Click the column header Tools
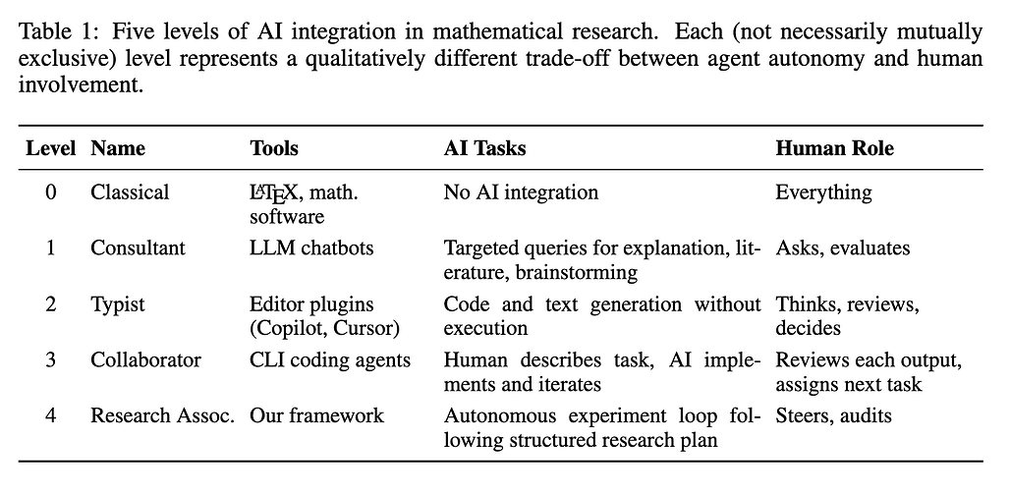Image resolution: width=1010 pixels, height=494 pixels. pyautogui.click(x=274, y=148)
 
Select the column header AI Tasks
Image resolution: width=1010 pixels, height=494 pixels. pyautogui.click(x=484, y=148)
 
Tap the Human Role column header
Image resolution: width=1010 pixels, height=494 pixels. pyautogui.click(x=835, y=148)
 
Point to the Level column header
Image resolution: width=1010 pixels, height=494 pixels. pyautogui.click(x=51, y=148)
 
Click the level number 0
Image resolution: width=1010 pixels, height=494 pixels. pyautogui.click(x=51, y=192)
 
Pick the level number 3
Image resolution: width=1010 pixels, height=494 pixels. pyautogui.click(x=51, y=360)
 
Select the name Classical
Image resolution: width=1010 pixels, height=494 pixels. pyautogui.click(x=130, y=192)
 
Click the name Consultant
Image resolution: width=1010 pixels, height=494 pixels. pyautogui.click(x=138, y=248)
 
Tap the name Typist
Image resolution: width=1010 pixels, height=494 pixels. pyautogui.click(x=118, y=304)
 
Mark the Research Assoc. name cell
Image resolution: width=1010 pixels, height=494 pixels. pyautogui.click(x=162, y=415)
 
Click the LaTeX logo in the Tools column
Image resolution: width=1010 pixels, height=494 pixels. pyautogui.click(x=274, y=193)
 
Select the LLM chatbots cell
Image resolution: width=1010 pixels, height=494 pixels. pyautogui.click(x=311, y=248)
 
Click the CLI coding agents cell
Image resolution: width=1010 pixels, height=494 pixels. pyautogui.click(x=330, y=360)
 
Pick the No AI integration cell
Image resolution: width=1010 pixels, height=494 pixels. pyautogui.click(x=521, y=192)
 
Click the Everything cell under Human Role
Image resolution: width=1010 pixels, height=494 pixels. pyautogui.click(x=823, y=192)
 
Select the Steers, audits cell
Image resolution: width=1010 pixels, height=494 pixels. pyautogui.click(x=834, y=415)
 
